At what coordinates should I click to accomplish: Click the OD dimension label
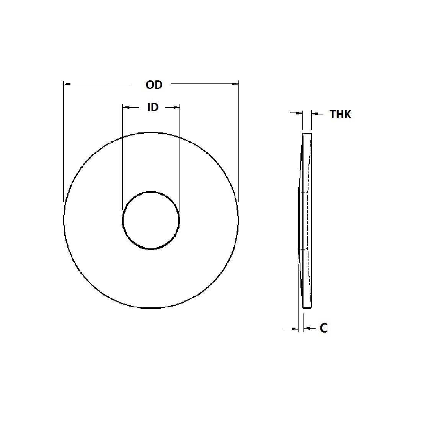tap(154, 85)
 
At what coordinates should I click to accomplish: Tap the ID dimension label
tap(153, 107)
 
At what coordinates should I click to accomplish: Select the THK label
tap(340, 114)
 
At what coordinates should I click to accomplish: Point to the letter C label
tap(324, 328)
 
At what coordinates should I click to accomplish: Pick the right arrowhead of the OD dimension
tap(235, 83)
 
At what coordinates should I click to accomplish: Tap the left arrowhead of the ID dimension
tap(125, 108)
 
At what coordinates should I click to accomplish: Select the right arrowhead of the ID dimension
tap(177, 108)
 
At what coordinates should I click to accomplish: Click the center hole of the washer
tap(151, 220)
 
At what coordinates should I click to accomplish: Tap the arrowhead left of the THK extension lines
tap(300, 113)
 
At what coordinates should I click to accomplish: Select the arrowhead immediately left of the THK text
tap(314, 113)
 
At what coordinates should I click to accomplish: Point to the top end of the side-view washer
tap(307, 135)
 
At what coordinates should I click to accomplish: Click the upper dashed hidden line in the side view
tap(304, 192)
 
